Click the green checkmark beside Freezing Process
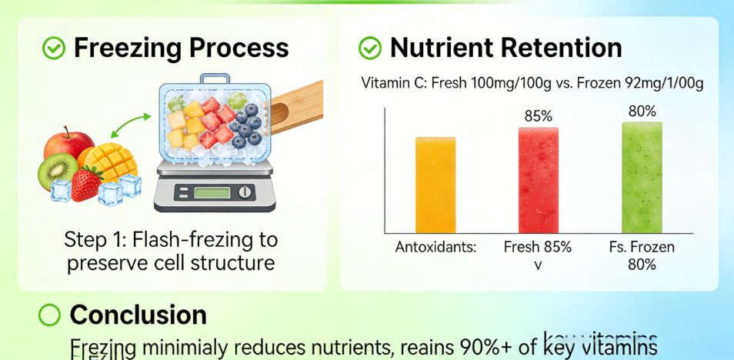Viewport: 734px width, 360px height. pyautogui.click(x=53, y=48)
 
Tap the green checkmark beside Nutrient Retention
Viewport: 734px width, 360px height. pyautogui.click(x=370, y=48)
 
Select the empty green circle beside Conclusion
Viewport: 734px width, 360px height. pyautogui.click(x=49, y=315)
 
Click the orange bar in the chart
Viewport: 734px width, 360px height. pyautogui.click(x=435, y=185)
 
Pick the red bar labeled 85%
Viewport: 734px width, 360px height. pyautogui.click(x=538, y=180)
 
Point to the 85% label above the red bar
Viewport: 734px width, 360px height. pyautogui.click(x=538, y=117)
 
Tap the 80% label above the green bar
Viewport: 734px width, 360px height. pyautogui.click(x=642, y=112)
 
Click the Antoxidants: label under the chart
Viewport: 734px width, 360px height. pyautogui.click(x=436, y=248)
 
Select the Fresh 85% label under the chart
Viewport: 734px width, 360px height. pyautogui.click(x=538, y=248)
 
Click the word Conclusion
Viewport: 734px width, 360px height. pyautogui.click(x=138, y=315)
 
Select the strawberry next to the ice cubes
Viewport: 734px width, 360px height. pyautogui.click(x=87, y=184)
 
